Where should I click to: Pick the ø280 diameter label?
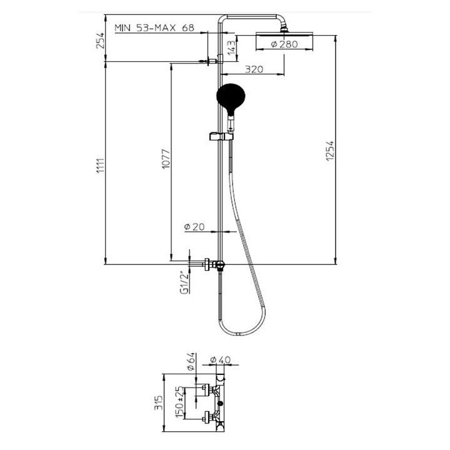click(284, 44)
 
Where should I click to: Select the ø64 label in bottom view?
click(191, 361)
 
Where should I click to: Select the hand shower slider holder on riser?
click(220, 136)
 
